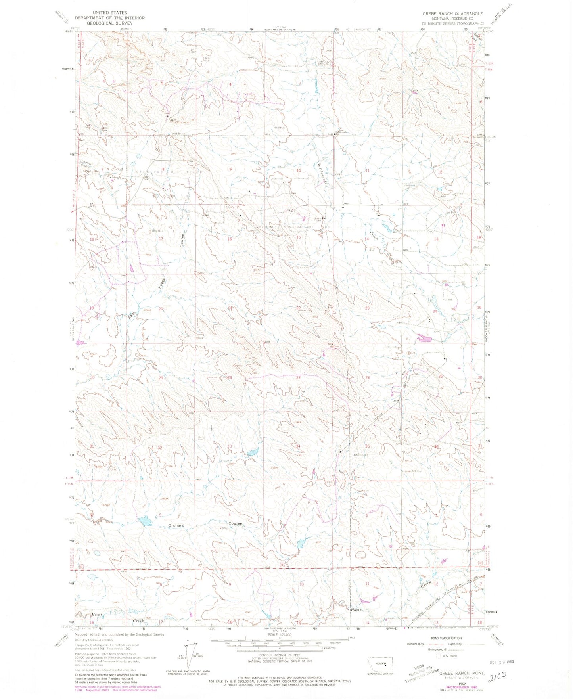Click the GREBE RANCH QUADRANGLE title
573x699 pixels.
click(x=452, y=13)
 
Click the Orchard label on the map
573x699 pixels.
click(x=176, y=525)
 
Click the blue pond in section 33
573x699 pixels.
click(x=252, y=452)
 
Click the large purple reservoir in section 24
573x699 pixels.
click(x=424, y=339)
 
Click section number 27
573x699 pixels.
click(x=298, y=378)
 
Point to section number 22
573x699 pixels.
click(x=298, y=308)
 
